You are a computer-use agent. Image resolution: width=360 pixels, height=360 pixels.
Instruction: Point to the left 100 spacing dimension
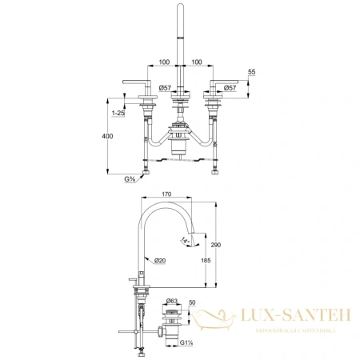point(165,62)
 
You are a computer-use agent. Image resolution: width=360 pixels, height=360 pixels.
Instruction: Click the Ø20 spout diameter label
point(159,261)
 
